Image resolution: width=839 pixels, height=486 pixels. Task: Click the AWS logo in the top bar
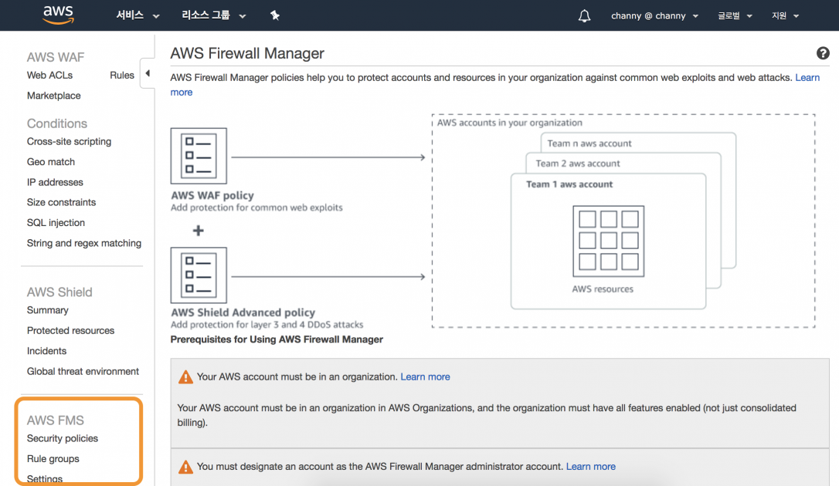58,15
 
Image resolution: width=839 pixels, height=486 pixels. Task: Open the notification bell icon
584,15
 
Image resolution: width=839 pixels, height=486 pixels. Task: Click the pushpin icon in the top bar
274,15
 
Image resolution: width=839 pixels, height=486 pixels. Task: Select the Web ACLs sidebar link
49,75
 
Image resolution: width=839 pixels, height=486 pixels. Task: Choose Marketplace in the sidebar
53,96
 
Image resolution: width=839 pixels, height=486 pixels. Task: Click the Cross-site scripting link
69,141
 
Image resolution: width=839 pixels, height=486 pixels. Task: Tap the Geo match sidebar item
51,162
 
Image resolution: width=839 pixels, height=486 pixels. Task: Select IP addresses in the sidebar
55,182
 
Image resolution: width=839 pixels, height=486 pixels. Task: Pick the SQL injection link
56,222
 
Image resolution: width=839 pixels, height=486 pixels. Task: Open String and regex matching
84,243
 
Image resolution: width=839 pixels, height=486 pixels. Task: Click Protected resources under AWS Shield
70,330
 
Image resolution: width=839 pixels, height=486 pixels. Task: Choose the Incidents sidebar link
46,351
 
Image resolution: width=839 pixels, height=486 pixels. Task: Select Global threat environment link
83,371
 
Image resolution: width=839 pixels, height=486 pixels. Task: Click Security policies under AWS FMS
63,438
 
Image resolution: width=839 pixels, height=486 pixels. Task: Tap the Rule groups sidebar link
53,459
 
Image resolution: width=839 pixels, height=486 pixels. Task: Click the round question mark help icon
823,53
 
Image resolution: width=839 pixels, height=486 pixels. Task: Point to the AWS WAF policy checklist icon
199,156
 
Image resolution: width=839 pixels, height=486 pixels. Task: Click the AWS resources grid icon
608,241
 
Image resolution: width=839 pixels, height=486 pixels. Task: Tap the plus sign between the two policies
199,230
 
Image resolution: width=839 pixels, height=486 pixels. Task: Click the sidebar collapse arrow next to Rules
148,74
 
